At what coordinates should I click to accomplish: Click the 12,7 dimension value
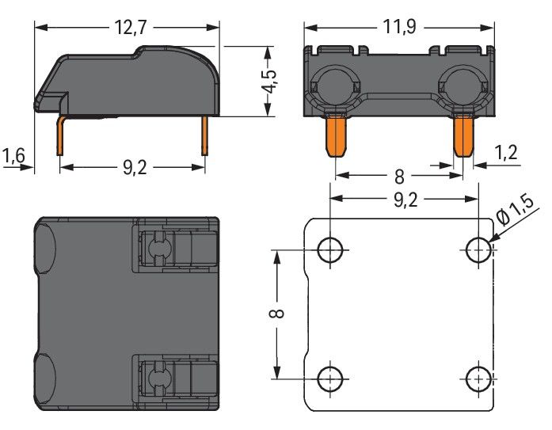coord(130,26)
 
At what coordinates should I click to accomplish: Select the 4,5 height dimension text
coord(270,79)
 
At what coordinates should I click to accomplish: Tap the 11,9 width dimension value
coord(399,26)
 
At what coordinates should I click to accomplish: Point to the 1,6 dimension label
coord(14,155)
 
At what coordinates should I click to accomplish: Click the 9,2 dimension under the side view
coord(132,167)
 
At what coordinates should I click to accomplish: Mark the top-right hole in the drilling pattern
coord(478,250)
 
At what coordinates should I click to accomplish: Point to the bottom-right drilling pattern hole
coord(478,378)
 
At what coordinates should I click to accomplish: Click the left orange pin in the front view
coord(337,135)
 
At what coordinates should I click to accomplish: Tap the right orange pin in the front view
coord(463,135)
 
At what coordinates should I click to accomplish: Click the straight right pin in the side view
coord(206,136)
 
